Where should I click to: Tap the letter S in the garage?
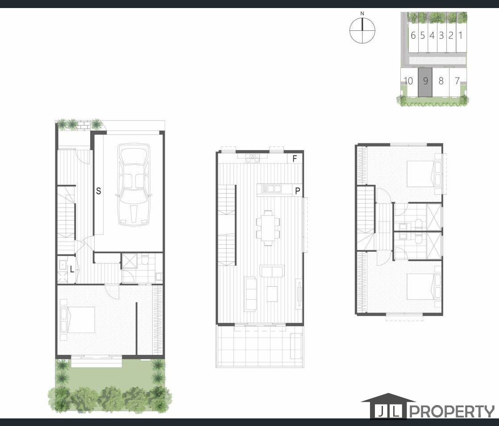(99, 191)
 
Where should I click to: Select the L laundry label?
(72, 269)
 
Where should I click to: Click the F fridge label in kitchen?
(295, 159)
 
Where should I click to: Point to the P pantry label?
(297, 191)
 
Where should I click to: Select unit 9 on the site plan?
(425, 81)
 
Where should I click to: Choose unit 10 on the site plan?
(408, 81)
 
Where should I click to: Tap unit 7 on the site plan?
(457, 81)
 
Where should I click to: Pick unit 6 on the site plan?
(413, 35)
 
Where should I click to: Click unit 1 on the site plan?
(460, 35)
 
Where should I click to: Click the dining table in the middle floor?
(268, 228)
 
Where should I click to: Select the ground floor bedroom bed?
(78, 320)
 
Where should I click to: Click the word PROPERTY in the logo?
(451, 411)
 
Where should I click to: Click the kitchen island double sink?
(271, 189)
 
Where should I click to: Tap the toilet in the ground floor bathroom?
(144, 260)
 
